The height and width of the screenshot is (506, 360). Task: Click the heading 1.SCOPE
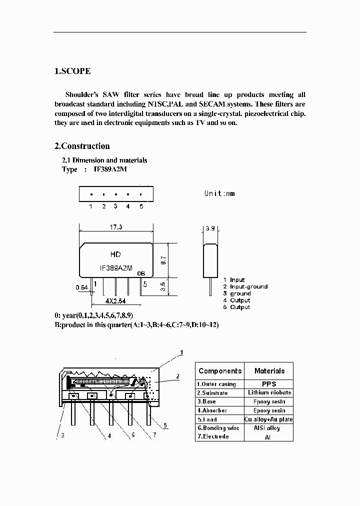tap(72, 71)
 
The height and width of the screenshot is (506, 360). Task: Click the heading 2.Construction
tap(81, 146)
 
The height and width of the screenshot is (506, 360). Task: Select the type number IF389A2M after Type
tap(113, 169)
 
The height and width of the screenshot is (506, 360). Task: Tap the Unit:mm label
tap(219, 193)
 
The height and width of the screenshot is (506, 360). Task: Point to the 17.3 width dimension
tap(115, 227)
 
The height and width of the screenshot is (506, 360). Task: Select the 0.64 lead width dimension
tap(81, 287)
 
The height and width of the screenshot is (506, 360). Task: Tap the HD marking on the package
tap(115, 254)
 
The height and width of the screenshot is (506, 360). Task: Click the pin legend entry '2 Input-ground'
tap(245, 286)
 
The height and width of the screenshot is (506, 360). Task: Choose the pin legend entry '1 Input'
tap(234, 280)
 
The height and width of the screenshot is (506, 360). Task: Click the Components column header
tap(219, 371)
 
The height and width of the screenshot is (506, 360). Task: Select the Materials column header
tap(269, 371)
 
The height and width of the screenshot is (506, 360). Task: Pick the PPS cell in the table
tap(269, 384)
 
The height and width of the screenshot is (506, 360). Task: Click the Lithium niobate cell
tap(269, 392)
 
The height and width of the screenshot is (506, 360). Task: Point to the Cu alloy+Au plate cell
tap(269, 419)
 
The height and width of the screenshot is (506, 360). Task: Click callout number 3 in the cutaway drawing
tap(63, 435)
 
